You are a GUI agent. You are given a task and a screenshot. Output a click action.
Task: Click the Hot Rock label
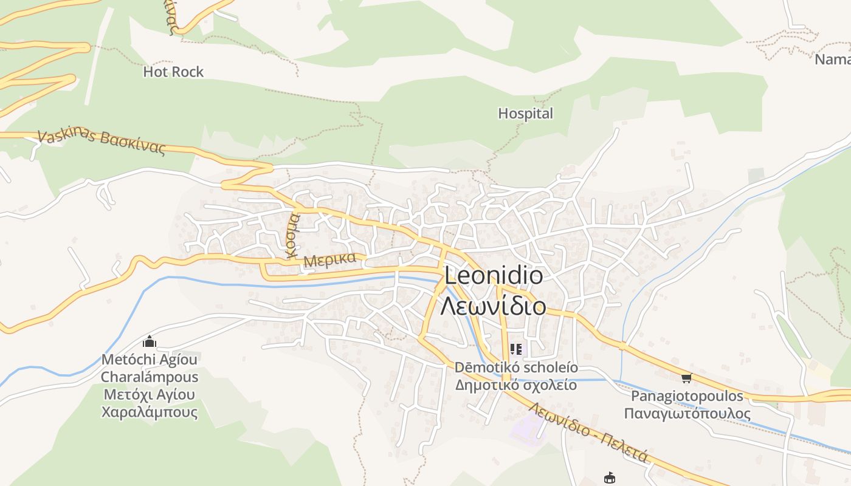173,72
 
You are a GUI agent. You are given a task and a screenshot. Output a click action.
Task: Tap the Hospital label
526,114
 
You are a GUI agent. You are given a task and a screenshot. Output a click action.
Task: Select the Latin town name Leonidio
494,275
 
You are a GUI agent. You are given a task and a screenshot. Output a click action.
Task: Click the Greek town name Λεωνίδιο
494,306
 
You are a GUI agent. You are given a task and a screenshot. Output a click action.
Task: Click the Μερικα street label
329,259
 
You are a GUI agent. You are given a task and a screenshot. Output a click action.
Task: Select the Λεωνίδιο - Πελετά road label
588,433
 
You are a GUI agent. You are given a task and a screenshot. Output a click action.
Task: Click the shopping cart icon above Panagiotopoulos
686,378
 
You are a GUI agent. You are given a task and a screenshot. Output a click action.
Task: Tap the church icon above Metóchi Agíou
150,342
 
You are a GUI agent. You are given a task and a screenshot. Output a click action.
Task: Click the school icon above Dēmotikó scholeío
516,349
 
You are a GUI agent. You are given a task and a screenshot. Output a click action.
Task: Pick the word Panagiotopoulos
687,396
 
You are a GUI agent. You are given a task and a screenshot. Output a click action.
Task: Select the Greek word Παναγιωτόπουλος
687,414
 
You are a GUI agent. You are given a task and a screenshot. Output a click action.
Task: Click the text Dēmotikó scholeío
516,368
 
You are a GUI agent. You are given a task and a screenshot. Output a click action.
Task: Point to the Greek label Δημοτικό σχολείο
516,385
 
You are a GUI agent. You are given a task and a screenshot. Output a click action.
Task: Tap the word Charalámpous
150,377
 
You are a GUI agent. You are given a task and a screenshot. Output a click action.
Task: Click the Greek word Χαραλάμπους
150,412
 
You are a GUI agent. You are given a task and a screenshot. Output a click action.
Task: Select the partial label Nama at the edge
832,60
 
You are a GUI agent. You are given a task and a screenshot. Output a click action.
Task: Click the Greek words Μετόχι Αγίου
150,394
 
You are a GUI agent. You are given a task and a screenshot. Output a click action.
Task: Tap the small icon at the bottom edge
610,478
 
